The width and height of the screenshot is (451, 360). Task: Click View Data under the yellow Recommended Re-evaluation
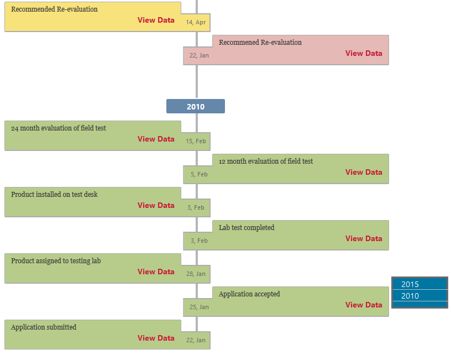tap(156, 20)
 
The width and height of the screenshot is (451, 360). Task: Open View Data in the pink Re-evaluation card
tap(364, 53)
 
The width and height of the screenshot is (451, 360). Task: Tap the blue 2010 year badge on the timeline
tap(196, 106)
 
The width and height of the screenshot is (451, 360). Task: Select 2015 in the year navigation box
tap(410, 284)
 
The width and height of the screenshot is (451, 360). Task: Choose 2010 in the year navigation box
tap(410, 296)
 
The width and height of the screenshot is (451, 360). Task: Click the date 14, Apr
tap(196, 22)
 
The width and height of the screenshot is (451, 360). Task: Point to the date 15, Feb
tap(196, 141)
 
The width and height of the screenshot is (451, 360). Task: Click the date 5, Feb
tap(199, 174)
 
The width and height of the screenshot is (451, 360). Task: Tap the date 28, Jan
tap(196, 274)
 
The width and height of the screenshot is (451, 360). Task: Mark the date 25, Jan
tap(199, 307)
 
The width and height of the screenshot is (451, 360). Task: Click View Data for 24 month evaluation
tap(156, 139)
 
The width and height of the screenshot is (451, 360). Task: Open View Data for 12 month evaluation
tap(364, 172)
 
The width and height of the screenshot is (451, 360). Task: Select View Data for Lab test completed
tap(364, 238)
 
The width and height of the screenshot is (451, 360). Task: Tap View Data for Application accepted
tap(364, 305)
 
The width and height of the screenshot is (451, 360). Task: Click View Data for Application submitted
tap(156, 338)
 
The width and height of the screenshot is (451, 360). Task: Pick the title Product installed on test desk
tap(54, 194)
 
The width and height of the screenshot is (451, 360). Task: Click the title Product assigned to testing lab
tap(56, 260)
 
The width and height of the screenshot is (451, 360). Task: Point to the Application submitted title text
tap(44, 327)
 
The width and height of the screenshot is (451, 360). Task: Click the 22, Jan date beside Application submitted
tap(196, 340)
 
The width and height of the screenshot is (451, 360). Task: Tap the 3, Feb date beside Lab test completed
tap(199, 241)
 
